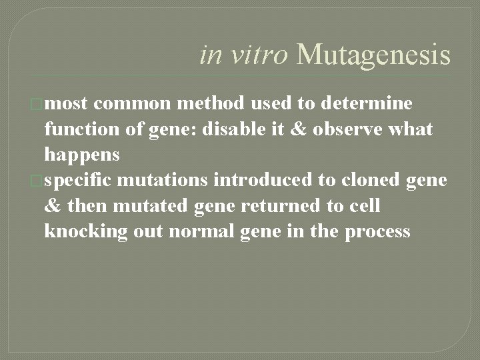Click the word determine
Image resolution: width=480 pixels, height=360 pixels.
point(367,103)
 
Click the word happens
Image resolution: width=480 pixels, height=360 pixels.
point(82,155)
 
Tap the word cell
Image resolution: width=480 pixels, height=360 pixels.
point(363,206)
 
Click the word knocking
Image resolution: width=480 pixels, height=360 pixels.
point(83,232)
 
